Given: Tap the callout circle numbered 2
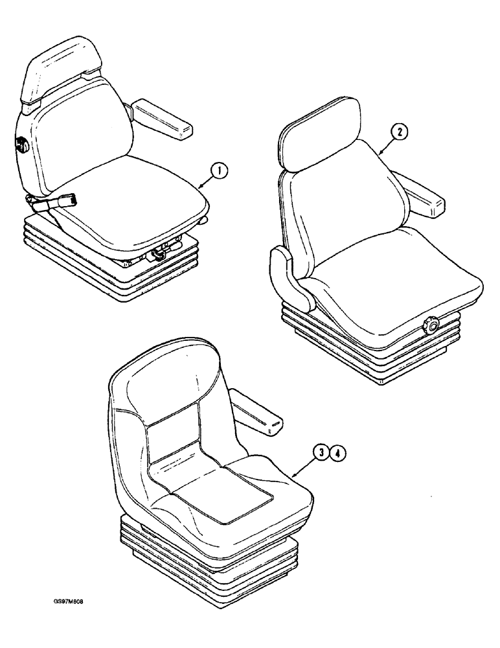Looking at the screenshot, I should [x=400, y=133].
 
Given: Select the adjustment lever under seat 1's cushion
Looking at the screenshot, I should [x=159, y=253].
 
